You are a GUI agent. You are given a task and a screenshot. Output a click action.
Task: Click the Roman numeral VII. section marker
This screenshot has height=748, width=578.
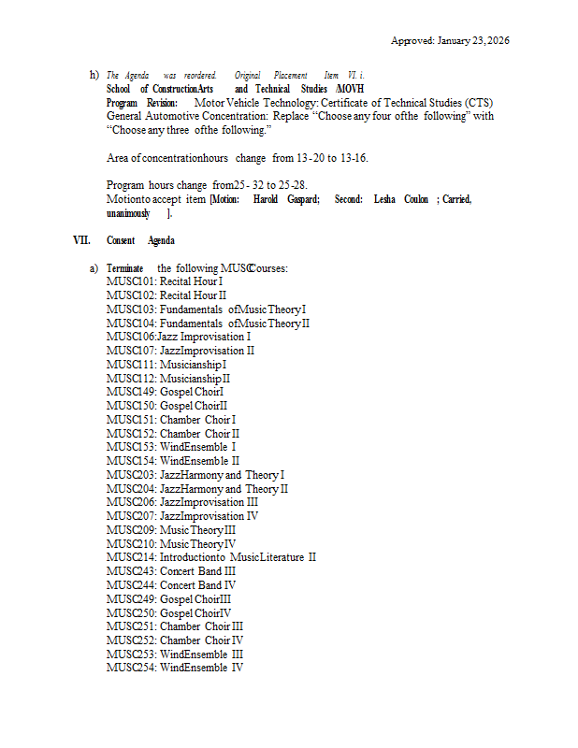82,240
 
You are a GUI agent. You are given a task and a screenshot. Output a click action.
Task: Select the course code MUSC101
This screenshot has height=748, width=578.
130,281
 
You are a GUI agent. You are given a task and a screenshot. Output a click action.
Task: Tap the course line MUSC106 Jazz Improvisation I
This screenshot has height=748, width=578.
179,337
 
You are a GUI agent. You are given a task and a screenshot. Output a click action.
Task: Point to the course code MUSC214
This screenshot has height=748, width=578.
130,557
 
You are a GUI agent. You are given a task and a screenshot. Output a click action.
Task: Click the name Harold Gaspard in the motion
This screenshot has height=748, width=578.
286,199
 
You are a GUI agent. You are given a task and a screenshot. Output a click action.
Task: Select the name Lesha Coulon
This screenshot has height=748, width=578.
401,199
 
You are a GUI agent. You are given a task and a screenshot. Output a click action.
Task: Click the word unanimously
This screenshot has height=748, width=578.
129,213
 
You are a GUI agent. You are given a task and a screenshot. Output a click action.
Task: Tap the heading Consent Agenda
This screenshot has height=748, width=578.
140,240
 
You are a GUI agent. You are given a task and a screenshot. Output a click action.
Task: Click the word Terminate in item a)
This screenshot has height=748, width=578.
125,268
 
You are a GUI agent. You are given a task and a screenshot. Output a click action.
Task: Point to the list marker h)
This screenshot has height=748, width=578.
94,75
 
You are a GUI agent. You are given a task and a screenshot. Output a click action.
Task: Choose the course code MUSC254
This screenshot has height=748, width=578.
130,668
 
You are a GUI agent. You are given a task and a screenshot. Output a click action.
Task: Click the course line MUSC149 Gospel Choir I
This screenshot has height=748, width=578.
166,392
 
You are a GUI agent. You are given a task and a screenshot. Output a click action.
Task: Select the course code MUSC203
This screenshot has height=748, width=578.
130,475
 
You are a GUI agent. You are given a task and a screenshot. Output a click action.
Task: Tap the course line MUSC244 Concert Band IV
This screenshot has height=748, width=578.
171,584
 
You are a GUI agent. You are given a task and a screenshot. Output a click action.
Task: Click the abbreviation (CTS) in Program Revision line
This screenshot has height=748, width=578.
474,102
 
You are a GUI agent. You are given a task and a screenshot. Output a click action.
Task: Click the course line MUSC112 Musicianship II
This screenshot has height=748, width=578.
168,379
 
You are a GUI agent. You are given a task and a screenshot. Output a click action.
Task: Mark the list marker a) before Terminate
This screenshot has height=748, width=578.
94,268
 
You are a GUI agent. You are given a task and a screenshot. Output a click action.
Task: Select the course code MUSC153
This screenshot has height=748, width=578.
130,447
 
